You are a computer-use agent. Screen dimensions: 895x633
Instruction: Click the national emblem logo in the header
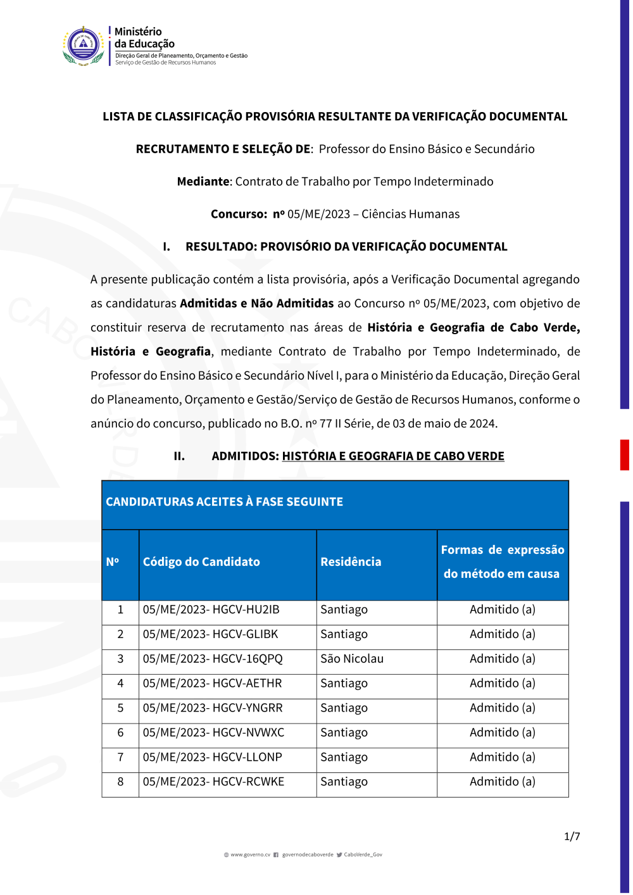tap(84, 46)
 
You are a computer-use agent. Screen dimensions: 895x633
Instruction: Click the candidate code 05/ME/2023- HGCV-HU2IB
tap(211, 610)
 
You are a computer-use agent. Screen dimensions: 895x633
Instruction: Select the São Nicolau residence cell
tap(351, 659)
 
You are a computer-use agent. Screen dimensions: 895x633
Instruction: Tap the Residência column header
tap(351, 561)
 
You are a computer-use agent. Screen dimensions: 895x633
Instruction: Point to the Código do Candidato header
tap(201, 561)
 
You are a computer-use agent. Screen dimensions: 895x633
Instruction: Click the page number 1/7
tap(572, 836)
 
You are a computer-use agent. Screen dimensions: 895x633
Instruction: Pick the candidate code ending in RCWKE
tap(213, 782)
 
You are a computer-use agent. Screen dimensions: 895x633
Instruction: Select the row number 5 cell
tap(120, 708)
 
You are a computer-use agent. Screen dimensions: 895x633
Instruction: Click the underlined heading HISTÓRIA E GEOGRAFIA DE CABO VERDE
tap(393, 456)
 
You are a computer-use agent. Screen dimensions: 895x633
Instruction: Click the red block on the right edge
tap(624, 454)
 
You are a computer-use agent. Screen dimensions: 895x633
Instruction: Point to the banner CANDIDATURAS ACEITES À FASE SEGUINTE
tap(224, 502)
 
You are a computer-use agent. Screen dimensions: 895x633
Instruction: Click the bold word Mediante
tap(203, 182)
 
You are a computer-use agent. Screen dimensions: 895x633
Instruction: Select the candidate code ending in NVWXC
tap(213, 732)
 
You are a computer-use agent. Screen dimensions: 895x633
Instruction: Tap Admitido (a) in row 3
tap(502, 659)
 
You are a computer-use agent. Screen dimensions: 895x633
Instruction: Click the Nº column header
tap(113, 561)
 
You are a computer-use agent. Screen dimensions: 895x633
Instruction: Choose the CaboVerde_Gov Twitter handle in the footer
tap(363, 854)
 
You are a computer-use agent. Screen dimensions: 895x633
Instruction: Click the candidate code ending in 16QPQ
tap(213, 659)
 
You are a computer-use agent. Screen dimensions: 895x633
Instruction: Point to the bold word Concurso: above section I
tap(239, 214)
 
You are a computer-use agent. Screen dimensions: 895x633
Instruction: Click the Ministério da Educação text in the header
tap(144, 37)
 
